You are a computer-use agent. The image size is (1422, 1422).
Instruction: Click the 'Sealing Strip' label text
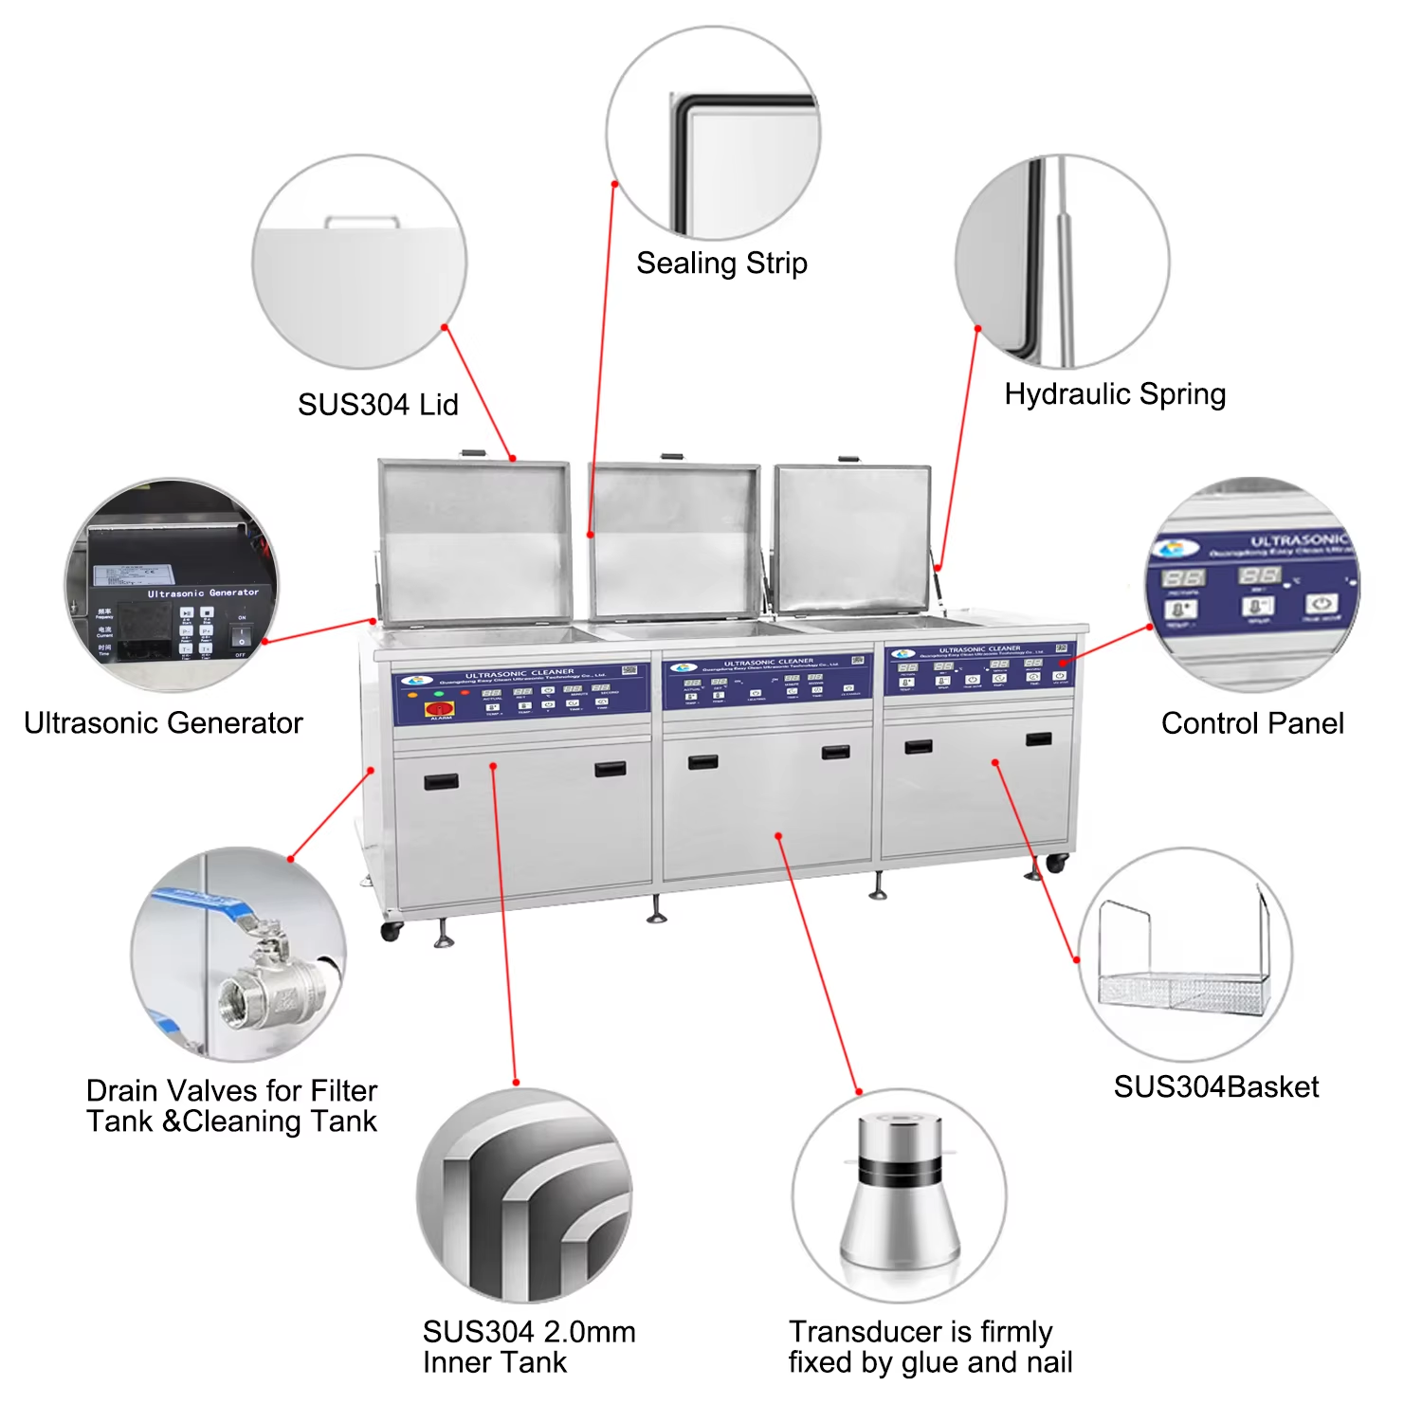[721, 264]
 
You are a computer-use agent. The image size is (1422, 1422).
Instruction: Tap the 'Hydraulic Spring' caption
[1115, 394]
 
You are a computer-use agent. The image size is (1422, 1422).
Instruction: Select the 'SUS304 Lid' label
[377, 405]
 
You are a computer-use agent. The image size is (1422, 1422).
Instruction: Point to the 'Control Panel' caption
[1252, 723]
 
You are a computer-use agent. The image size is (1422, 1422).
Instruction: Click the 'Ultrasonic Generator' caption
[163, 723]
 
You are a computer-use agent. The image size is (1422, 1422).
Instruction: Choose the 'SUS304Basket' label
[1215, 1087]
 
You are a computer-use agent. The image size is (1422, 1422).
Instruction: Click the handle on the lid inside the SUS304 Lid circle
[362, 222]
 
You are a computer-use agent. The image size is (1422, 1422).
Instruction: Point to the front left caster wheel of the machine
[391, 931]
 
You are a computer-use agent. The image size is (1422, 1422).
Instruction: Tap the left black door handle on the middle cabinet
[702, 762]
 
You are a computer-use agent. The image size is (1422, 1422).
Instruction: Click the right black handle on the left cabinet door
[610, 769]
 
